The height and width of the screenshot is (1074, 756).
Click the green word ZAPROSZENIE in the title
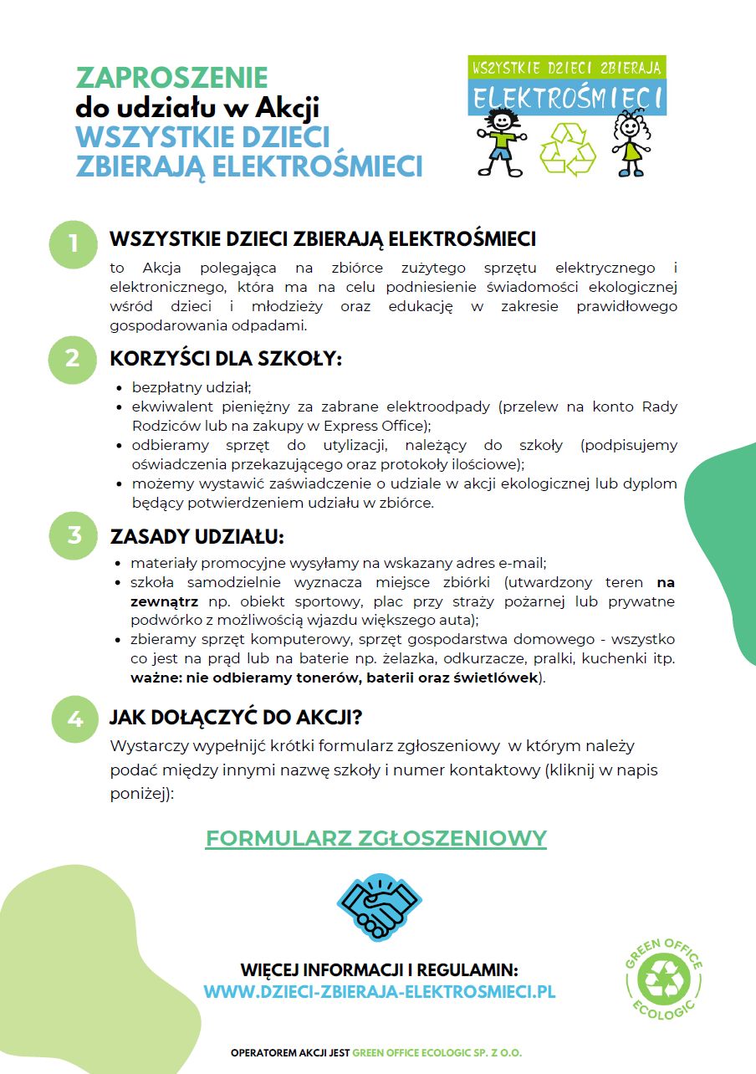(171, 78)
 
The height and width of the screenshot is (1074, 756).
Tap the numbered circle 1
(74, 243)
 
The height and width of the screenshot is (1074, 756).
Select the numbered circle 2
(74, 358)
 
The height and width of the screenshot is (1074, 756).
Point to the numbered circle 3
(74, 534)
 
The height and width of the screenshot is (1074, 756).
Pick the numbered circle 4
(75, 719)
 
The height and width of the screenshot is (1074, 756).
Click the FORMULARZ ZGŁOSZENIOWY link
(376, 838)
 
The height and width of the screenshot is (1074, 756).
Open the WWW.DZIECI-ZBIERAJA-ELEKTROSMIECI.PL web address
(380, 992)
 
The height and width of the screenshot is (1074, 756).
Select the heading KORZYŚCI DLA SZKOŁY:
(226, 359)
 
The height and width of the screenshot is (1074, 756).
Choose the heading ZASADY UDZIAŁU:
(197, 535)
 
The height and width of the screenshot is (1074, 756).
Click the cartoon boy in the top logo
(501, 142)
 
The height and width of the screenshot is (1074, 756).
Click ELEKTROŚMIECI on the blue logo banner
(566, 98)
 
